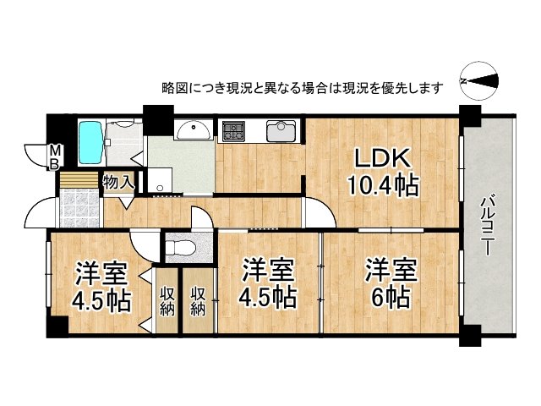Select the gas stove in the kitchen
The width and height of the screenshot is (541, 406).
(233, 131)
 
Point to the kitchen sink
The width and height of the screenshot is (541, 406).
(281, 131)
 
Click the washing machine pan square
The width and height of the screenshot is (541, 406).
(158, 180)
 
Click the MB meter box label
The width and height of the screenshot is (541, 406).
(54, 157)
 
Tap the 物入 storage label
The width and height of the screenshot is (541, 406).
(117, 181)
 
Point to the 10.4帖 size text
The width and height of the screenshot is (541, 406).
(382, 185)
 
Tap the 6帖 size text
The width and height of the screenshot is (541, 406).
(390, 298)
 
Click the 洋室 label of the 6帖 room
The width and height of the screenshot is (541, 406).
(391, 272)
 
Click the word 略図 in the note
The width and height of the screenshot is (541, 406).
(173, 87)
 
